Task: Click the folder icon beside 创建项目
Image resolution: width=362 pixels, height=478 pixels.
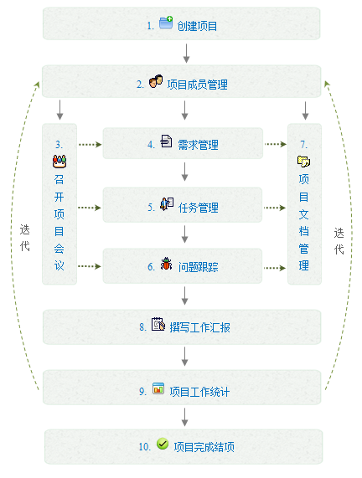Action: (x=166, y=23)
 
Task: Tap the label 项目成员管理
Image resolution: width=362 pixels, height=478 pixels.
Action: (x=198, y=85)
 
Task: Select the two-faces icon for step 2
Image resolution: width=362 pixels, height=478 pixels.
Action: (x=156, y=81)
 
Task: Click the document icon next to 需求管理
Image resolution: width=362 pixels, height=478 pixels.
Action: (x=167, y=141)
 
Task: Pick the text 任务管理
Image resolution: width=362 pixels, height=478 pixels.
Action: (x=199, y=208)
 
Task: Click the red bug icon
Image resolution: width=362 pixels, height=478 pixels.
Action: (x=167, y=264)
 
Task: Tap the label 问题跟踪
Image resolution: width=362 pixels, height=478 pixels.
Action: (x=199, y=267)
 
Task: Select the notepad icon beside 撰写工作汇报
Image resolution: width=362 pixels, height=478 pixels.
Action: (x=158, y=324)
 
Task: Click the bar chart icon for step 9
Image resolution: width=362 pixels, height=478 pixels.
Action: (x=158, y=388)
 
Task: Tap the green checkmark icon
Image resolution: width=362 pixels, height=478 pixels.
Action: (x=163, y=444)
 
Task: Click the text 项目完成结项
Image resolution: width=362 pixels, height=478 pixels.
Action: (x=204, y=447)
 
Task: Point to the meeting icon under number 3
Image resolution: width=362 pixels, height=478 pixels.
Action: (x=59, y=162)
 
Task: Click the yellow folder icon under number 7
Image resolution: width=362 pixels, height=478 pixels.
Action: (x=303, y=161)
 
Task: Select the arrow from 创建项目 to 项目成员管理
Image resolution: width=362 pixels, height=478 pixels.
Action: (x=186, y=54)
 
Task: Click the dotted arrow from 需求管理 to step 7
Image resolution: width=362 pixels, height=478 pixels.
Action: (x=276, y=144)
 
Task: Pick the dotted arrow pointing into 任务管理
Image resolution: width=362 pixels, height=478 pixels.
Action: (x=90, y=208)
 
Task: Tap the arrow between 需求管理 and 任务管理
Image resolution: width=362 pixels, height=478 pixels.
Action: (x=184, y=172)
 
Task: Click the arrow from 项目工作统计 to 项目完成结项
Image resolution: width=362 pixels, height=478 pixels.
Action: (x=184, y=417)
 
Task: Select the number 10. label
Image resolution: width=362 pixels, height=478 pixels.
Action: (x=145, y=447)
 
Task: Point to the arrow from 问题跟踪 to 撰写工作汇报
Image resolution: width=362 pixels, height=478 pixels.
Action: (x=184, y=296)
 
